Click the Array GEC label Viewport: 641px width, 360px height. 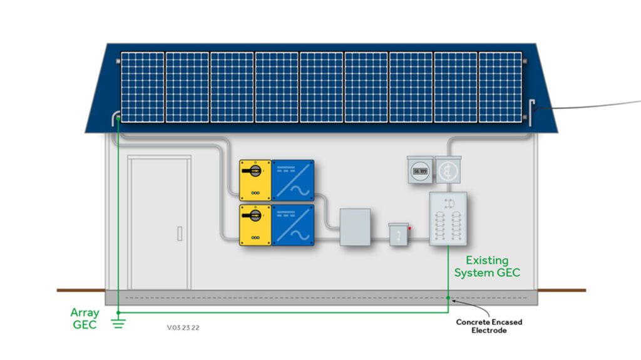coord(85,318)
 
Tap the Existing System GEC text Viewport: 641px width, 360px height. coord(487,266)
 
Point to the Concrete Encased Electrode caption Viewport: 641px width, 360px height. coord(489,326)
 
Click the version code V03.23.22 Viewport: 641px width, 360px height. coord(183,327)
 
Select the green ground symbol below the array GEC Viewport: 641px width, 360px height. coord(118,324)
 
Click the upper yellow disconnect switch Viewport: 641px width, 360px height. coord(255,180)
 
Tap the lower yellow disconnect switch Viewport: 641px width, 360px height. coord(255,225)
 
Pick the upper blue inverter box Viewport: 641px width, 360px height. coord(293,180)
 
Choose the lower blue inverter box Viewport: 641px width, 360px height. coord(293,225)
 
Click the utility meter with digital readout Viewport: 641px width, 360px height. coord(420,170)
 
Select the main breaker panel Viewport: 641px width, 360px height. coord(448,219)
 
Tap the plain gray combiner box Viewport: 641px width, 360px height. coord(356,227)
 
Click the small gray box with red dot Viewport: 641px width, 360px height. coord(399,234)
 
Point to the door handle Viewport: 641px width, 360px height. coord(180,234)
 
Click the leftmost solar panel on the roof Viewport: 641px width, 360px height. coord(143,87)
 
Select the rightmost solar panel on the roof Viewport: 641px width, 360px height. coord(500,87)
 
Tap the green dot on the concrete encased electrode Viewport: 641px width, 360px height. coord(448,298)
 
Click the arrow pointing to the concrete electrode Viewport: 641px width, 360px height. coord(470,306)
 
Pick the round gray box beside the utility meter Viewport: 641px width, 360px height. coord(448,170)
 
